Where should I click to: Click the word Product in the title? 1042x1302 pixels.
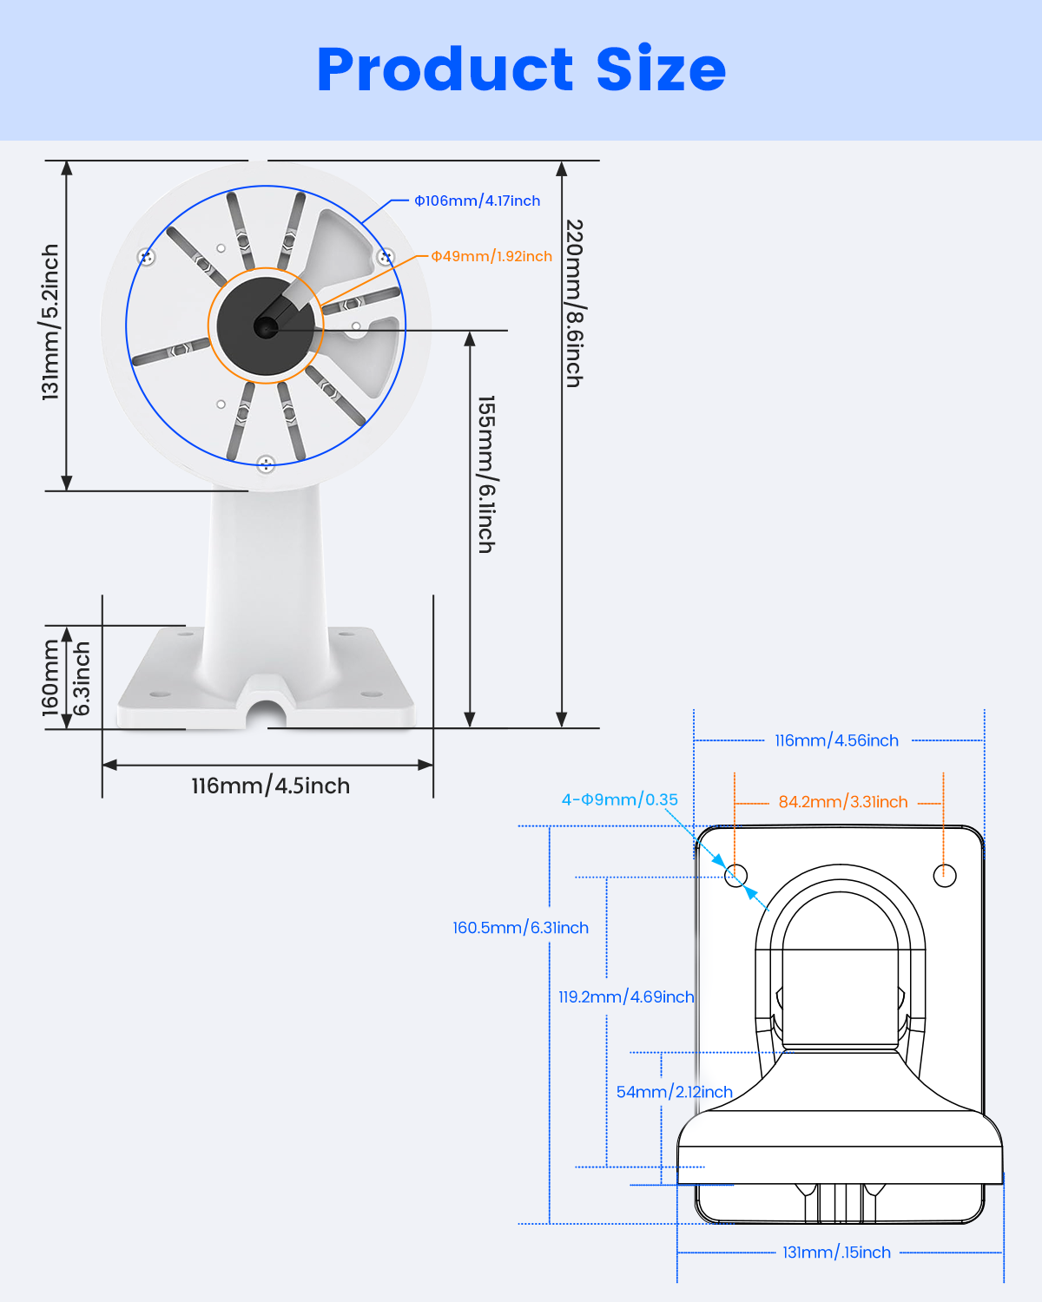(x=445, y=69)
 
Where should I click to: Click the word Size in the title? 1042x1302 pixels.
(x=661, y=69)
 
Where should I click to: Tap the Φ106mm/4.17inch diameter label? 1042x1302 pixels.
(x=477, y=201)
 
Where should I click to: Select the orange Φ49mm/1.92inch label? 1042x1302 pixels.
(x=491, y=256)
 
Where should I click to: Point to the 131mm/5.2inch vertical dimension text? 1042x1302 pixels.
(x=51, y=322)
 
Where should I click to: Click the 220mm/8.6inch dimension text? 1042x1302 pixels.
(x=574, y=303)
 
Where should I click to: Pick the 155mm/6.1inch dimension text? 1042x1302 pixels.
(x=486, y=474)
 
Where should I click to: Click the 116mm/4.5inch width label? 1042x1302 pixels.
(x=271, y=786)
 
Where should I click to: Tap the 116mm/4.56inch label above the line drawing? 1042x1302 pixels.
(x=836, y=740)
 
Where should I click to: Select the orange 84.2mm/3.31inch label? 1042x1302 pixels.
(x=842, y=802)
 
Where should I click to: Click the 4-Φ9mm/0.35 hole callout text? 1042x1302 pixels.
(x=619, y=799)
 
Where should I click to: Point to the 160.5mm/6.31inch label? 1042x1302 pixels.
(x=520, y=928)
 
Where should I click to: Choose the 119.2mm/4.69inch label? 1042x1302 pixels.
(x=626, y=997)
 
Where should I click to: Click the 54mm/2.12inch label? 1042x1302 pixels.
(x=674, y=1092)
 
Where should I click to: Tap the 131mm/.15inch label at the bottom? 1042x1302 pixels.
(x=836, y=1253)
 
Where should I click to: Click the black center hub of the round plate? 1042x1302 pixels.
(x=265, y=326)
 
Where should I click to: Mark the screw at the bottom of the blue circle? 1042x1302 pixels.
(x=266, y=464)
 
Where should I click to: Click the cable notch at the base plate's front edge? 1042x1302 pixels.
(x=267, y=705)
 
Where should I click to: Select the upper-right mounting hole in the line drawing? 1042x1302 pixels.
(x=945, y=875)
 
